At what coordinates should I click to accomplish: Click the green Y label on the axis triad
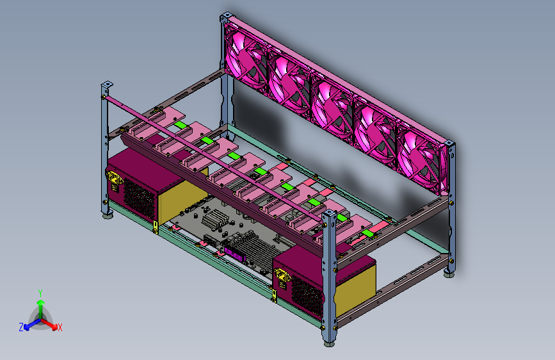40,293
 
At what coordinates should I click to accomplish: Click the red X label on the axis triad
60,327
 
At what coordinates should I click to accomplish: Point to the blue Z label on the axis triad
21,327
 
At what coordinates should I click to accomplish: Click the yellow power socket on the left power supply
114,179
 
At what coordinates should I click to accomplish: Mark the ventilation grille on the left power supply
139,199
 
